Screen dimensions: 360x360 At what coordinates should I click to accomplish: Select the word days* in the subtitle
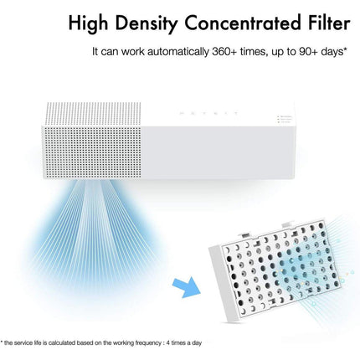click(329, 52)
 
